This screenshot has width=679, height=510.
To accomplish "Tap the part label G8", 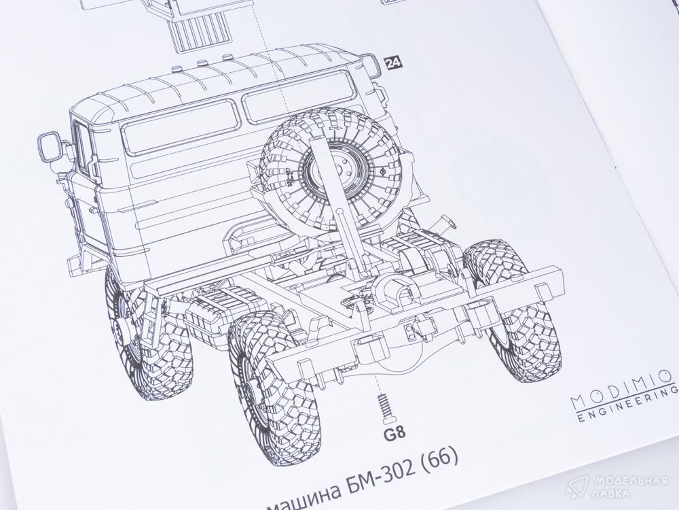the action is (x=394, y=434).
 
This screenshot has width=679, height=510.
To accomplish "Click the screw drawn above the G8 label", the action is (x=384, y=407).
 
